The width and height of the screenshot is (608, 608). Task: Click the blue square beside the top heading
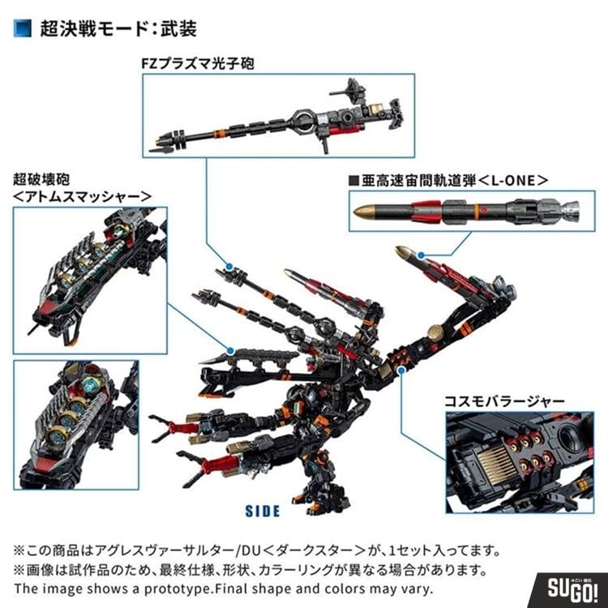[23, 28]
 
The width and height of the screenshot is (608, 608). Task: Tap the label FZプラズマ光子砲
[198, 63]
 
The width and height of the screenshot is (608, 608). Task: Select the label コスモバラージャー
[504, 401]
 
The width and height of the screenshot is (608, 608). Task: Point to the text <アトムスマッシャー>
[82, 197]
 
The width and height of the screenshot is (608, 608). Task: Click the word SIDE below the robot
[263, 511]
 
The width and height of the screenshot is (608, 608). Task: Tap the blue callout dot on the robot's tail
[402, 370]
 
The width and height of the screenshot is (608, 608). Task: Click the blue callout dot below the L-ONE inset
[421, 255]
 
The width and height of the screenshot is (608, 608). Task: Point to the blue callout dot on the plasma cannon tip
[229, 267]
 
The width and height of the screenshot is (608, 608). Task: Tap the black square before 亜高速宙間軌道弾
[353, 181]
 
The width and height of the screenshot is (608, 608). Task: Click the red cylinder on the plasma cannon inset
[345, 131]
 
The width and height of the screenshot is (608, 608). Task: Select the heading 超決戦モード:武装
[118, 28]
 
